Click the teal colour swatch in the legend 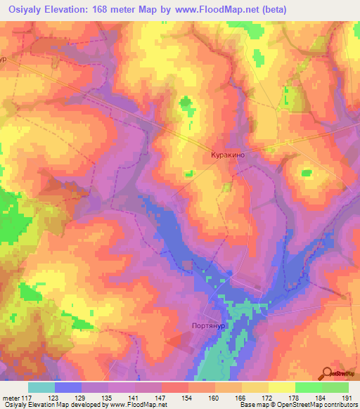(41, 387)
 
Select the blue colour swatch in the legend (68, 387)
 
